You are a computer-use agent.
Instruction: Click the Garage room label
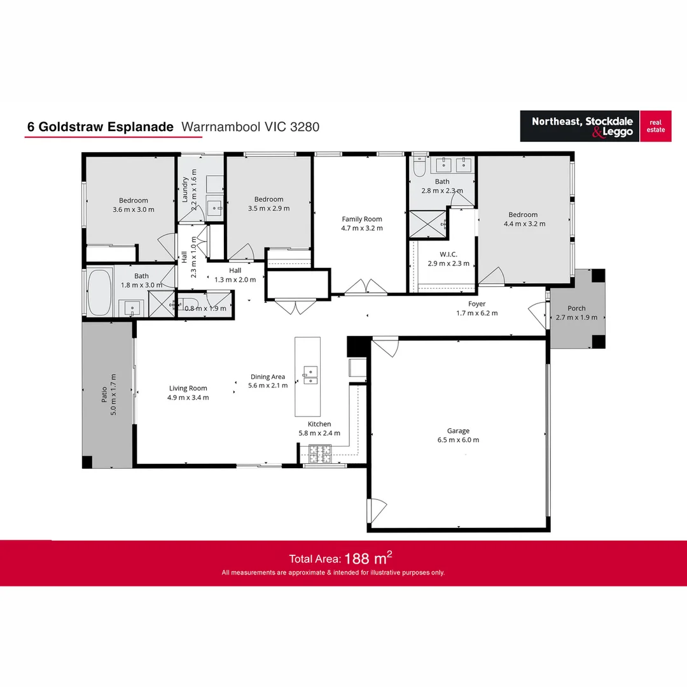458,431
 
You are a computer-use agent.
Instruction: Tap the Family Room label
362,219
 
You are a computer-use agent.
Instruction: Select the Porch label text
576,309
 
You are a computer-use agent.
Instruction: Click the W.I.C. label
448,254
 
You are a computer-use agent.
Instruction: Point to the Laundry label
185,189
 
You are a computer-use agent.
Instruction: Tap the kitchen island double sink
310,375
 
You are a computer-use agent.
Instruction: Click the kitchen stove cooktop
321,452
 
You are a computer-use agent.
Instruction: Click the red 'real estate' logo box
655,125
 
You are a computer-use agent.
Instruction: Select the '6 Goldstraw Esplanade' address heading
100,127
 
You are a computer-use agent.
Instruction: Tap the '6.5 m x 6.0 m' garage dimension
458,440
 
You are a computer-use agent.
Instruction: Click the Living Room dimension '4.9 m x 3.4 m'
188,397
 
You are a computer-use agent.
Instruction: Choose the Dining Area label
267,377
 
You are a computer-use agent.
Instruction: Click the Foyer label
476,304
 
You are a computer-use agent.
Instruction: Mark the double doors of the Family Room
366,286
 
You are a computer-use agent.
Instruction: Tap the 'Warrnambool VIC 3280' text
250,127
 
